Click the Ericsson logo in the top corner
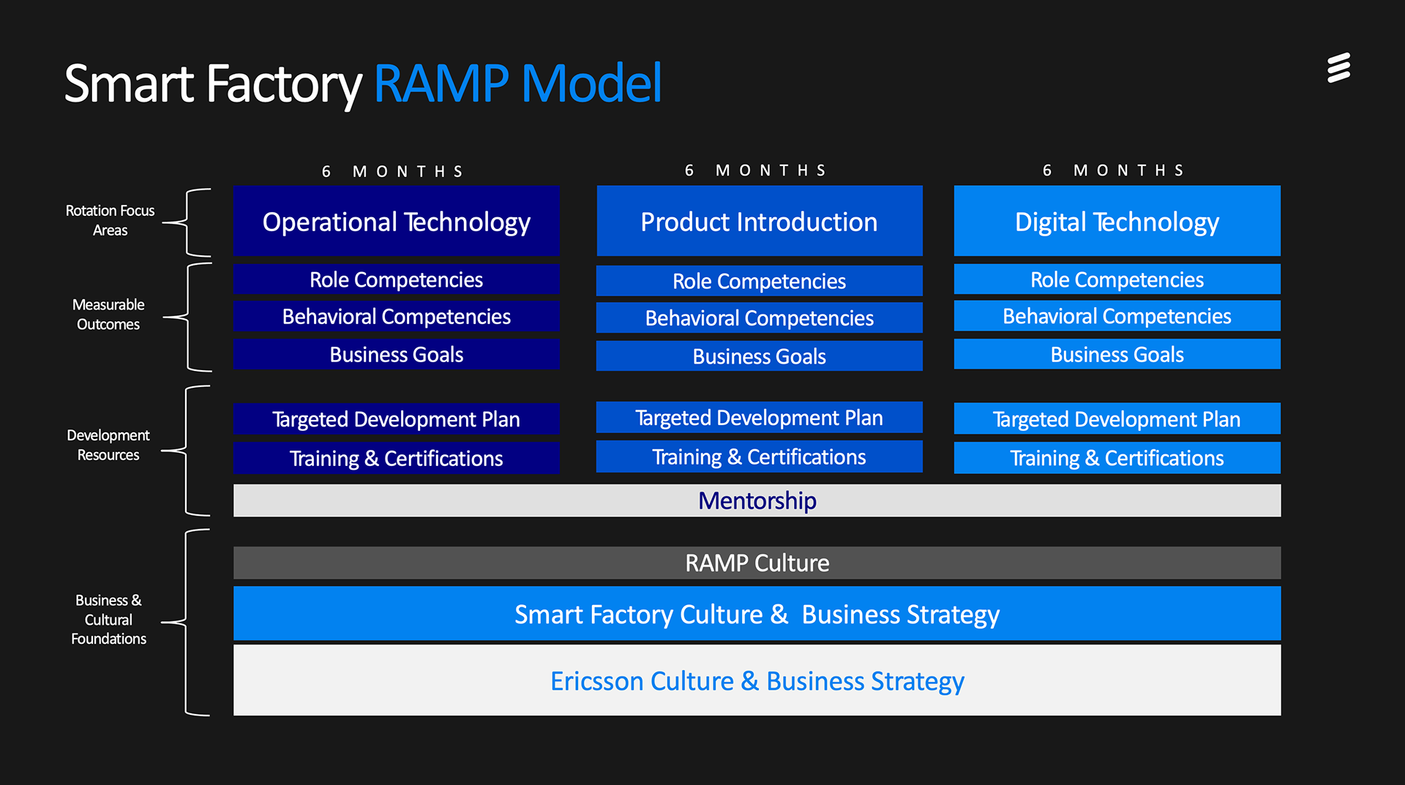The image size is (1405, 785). point(1338,68)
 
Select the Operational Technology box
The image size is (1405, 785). point(397,221)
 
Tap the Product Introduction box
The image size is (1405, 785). point(760,221)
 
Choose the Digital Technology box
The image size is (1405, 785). point(1117,221)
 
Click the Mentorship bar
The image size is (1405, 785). point(757,500)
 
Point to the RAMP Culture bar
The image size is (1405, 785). point(757,563)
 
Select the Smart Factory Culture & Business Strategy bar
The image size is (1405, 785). point(757,614)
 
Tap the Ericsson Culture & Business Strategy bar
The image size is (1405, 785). point(757,680)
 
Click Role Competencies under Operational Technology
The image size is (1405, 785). point(397,279)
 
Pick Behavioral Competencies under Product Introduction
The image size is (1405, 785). point(760,318)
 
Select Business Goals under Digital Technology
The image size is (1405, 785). point(1117,354)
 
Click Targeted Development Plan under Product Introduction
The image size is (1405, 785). point(760,418)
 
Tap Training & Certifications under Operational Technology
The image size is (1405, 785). point(397,458)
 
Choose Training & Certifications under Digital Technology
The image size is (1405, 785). point(1117,458)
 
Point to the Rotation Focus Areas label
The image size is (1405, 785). point(110,220)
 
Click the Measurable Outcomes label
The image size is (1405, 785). point(108,315)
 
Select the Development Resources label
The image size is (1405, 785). point(108,445)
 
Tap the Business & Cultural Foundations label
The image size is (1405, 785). point(108,619)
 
